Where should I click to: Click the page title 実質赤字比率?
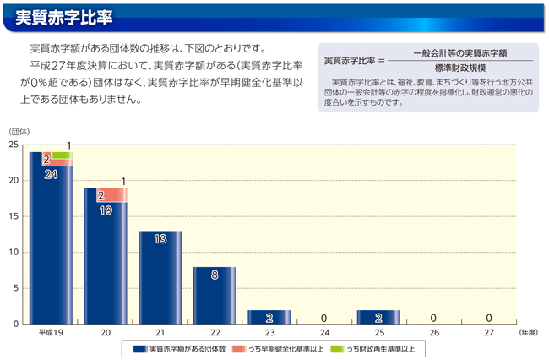click(63, 16)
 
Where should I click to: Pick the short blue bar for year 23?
click(269, 317)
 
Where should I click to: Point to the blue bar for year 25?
click(378, 317)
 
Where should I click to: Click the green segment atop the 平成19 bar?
click(60, 155)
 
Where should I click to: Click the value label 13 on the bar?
click(160, 239)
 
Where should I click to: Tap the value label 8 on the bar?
click(215, 275)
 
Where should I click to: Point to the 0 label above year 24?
click(324, 318)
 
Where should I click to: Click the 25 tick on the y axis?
click(14, 145)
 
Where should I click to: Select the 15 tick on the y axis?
click(14, 216)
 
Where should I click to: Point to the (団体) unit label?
click(20, 131)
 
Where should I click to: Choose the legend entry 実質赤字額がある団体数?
click(179, 349)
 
